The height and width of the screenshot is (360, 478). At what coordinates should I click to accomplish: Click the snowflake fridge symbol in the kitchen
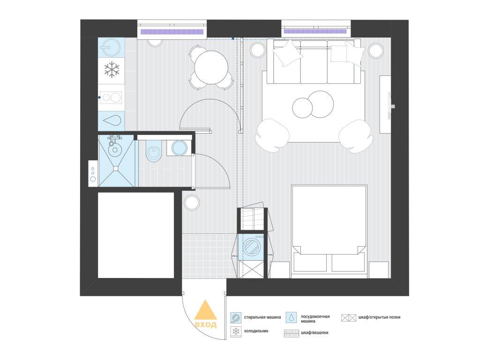click(x=112, y=69)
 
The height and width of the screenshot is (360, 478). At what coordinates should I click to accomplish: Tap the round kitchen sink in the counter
click(x=110, y=47)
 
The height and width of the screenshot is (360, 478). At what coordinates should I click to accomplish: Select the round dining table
click(x=211, y=67)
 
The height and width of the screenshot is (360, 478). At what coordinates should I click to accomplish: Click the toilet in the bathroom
click(x=153, y=151)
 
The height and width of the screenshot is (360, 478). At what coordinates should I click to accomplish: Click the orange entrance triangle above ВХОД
click(x=206, y=310)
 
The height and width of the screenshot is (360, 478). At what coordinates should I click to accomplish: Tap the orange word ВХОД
click(x=206, y=325)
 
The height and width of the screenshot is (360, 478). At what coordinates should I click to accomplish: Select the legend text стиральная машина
click(x=262, y=317)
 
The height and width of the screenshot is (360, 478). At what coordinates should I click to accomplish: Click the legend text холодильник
click(x=256, y=331)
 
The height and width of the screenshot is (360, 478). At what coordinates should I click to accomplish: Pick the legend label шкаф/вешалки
click(x=314, y=333)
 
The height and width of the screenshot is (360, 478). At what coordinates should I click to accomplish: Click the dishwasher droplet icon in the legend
click(x=292, y=317)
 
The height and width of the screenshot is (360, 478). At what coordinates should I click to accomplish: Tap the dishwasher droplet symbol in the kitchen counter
click(x=112, y=120)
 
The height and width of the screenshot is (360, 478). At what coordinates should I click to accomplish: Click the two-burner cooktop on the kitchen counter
click(x=111, y=97)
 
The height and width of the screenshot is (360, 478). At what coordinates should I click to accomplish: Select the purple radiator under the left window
click(x=172, y=31)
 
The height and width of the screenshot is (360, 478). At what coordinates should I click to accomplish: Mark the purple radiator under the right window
click(x=315, y=31)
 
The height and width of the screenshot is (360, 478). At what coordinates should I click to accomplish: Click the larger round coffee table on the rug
click(x=321, y=104)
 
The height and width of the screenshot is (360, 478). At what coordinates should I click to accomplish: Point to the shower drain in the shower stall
click(x=116, y=168)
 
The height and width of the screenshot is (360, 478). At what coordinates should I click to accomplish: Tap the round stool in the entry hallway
click(x=192, y=202)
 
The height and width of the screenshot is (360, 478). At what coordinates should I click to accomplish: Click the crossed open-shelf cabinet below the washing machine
click(x=250, y=269)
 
